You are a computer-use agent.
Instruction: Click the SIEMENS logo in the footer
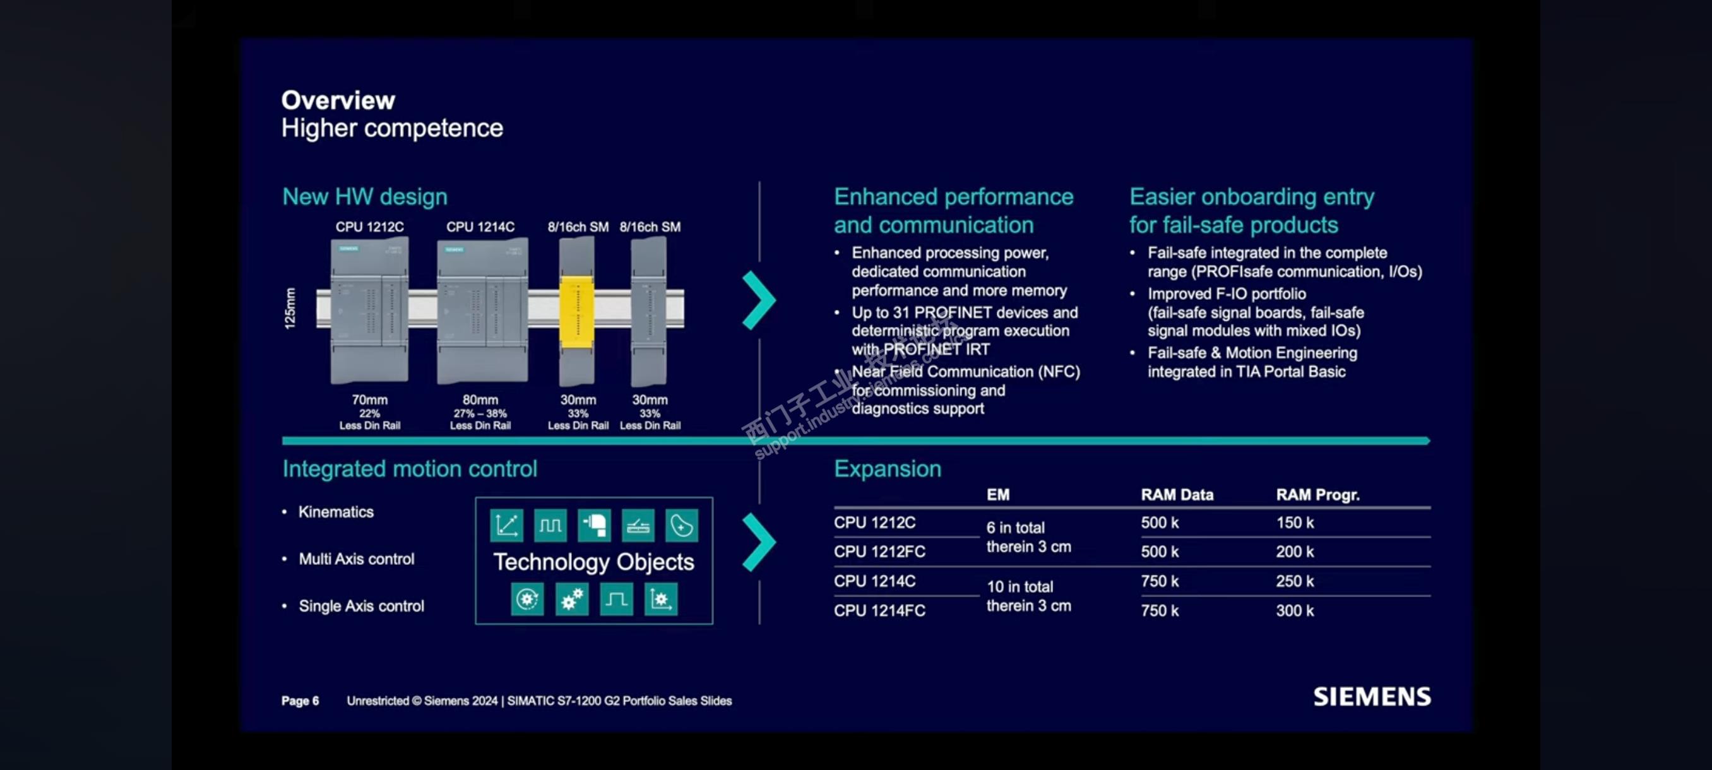(x=1371, y=696)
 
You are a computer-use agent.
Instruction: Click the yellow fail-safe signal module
(x=577, y=311)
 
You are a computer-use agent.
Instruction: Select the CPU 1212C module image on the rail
(x=369, y=311)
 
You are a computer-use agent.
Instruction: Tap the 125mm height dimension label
(x=290, y=308)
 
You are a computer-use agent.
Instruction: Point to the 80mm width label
(x=480, y=400)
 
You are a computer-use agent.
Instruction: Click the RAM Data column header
(x=1176, y=495)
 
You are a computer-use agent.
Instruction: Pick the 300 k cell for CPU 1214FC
(x=1294, y=610)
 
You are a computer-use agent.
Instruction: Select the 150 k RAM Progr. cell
(x=1294, y=523)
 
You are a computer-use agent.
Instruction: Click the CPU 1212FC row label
(x=879, y=552)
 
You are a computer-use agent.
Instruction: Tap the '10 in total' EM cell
(x=1019, y=586)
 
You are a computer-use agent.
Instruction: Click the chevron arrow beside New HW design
(x=758, y=300)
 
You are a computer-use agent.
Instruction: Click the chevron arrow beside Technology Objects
(x=758, y=542)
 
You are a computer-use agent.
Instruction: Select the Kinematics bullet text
(x=336, y=512)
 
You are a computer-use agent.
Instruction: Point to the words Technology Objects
(x=593, y=562)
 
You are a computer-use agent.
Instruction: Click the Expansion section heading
(x=887, y=469)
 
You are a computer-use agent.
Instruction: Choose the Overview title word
(x=338, y=100)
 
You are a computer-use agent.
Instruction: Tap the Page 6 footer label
(x=300, y=701)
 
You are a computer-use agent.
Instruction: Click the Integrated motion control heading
(x=410, y=469)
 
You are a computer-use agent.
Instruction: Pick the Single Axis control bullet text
(x=361, y=606)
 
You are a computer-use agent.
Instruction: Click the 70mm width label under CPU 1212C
(x=369, y=400)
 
